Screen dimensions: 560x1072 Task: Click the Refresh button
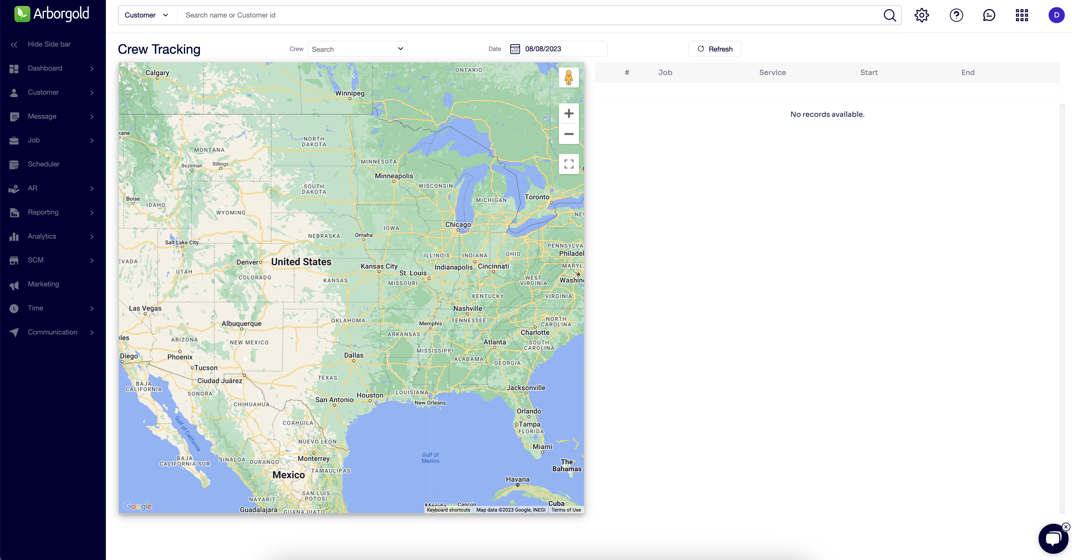pyautogui.click(x=714, y=49)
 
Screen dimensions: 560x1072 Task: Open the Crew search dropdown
pyautogui.click(x=357, y=49)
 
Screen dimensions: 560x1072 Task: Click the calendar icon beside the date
pyautogui.click(x=515, y=49)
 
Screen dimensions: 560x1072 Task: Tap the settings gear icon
pyautogui.click(x=921, y=15)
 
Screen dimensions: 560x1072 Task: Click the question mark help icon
pyautogui.click(x=956, y=15)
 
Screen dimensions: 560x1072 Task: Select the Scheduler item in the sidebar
pyautogui.click(x=44, y=164)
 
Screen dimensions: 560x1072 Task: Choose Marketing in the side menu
pyautogui.click(x=43, y=284)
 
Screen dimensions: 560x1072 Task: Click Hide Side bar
pyautogui.click(x=49, y=44)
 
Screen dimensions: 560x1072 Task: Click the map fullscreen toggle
pyautogui.click(x=568, y=164)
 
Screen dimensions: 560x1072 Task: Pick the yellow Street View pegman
pyautogui.click(x=568, y=77)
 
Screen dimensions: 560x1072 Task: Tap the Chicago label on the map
pyautogui.click(x=458, y=225)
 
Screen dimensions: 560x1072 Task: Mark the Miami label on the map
pyautogui.click(x=542, y=447)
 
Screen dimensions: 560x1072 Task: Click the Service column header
pyautogui.click(x=772, y=72)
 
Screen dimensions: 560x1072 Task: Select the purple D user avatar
pyautogui.click(x=1056, y=15)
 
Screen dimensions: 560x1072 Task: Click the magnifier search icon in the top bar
pyautogui.click(x=890, y=15)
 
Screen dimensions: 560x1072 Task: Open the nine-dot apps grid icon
pyautogui.click(x=1022, y=15)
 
